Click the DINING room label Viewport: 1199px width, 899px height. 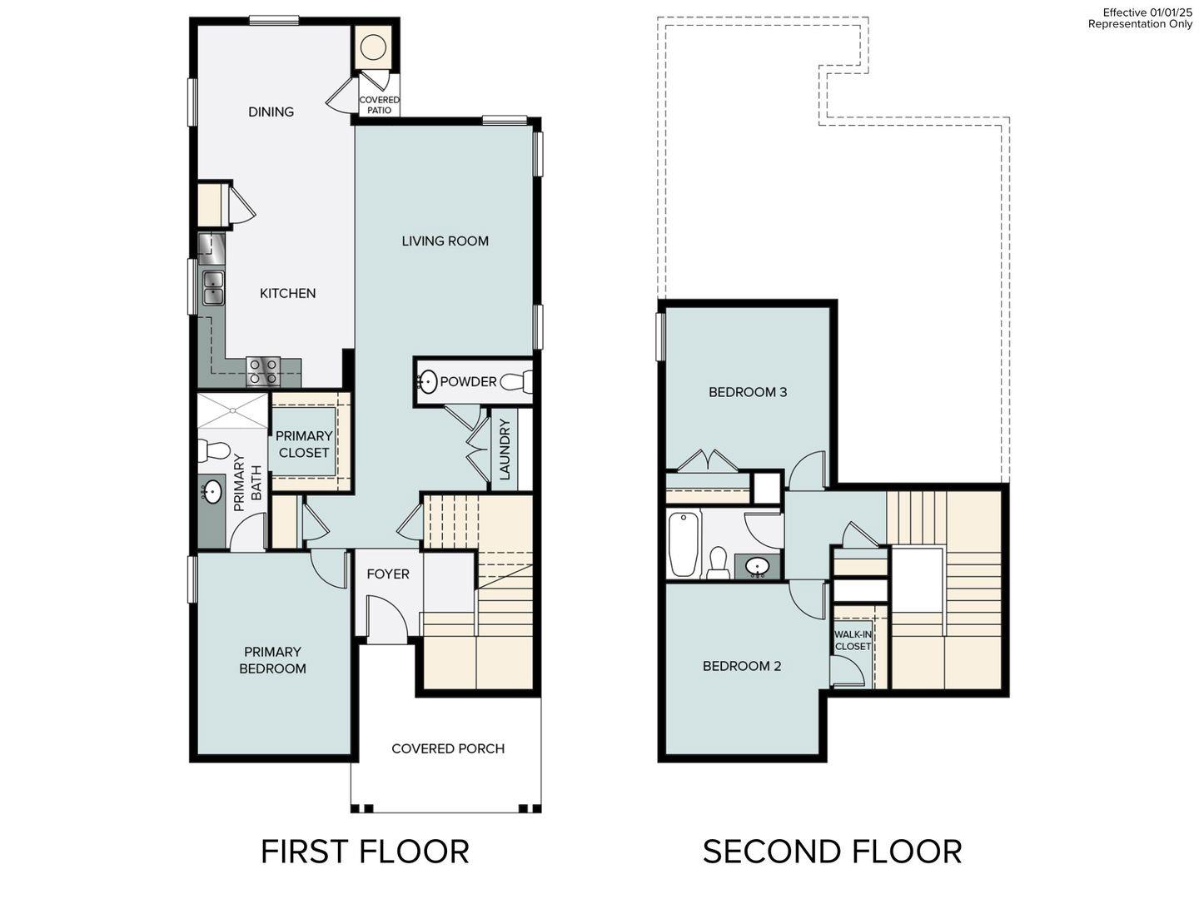coord(271,112)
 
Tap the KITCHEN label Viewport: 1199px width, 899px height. coord(287,293)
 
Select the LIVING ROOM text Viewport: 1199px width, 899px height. coord(445,241)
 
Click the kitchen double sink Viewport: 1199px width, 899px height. coord(212,288)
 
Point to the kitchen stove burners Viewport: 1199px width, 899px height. coord(262,370)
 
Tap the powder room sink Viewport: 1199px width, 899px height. coord(427,382)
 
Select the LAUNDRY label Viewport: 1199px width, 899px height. coord(505,449)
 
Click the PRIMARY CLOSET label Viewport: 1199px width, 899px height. coord(304,445)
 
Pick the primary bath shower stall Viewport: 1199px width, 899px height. coord(232,410)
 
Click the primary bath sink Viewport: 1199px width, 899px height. coord(212,492)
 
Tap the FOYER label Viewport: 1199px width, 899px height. coord(388,574)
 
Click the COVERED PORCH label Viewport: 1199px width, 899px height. coord(448,749)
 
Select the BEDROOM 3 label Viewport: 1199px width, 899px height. coord(748,392)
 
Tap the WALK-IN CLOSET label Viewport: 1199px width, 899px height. coord(853,640)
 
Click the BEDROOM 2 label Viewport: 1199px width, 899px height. coord(742,666)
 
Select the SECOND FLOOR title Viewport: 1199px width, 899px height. coord(832,852)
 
